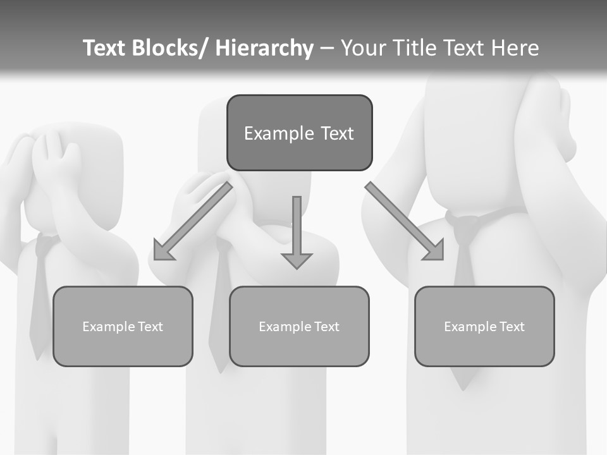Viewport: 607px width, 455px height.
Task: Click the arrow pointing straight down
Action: pyautogui.click(x=297, y=234)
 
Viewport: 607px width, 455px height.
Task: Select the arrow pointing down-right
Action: pyautogui.click(x=405, y=221)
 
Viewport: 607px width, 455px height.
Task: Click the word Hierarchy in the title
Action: pyautogui.click(x=264, y=48)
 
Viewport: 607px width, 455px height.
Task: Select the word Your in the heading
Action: pyautogui.click(x=364, y=48)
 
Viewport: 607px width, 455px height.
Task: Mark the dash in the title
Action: pyautogui.click(x=327, y=49)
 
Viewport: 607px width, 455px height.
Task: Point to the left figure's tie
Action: pyautogui.click(x=39, y=297)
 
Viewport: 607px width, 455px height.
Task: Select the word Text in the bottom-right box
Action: pyautogui.click(x=511, y=327)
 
